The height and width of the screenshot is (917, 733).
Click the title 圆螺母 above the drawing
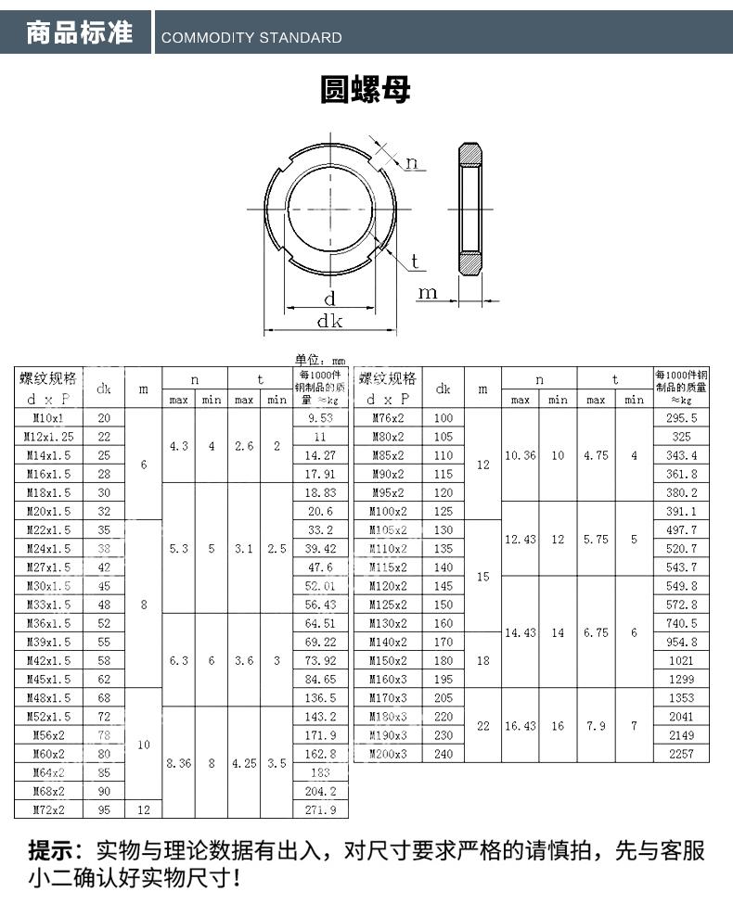[x=365, y=91]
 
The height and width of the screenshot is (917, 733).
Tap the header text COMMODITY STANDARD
[x=251, y=38]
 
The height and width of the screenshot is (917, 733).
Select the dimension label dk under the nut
[x=329, y=322]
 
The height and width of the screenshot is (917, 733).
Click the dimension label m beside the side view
[x=427, y=293]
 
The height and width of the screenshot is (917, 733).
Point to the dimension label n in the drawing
[x=412, y=163]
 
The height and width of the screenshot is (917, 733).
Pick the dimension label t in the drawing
[x=415, y=261]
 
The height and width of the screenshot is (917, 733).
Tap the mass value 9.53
[x=319, y=418]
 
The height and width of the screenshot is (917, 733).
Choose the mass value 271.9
[x=319, y=809]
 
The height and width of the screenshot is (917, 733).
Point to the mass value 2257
[x=680, y=754]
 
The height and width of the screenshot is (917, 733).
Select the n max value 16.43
[x=520, y=726]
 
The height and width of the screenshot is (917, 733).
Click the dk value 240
[x=444, y=754]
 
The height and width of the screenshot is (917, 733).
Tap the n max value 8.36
[x=179, y=763]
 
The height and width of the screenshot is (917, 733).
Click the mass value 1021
[x=680, y=660]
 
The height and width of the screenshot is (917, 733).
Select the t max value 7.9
[x=596, y=726]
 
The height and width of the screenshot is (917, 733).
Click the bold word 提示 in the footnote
[x=52, y=849]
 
